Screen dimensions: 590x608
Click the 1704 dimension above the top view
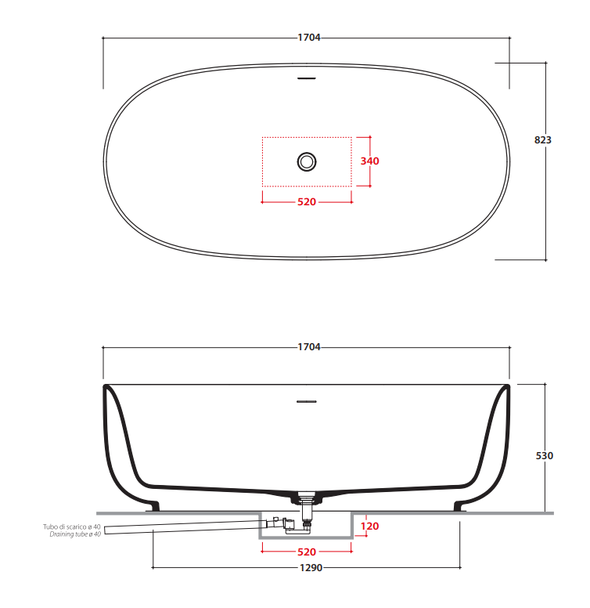point(309,38)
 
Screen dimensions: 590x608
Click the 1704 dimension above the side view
point(309,347)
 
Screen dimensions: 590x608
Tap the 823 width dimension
point(543,140)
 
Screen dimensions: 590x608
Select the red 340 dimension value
point(369,161)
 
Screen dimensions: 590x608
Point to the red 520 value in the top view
point(307,202)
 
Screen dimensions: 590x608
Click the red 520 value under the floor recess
point(307,552)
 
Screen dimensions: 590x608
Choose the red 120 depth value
point(369,527)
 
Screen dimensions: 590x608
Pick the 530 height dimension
point(545,456)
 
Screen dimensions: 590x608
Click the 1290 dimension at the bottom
point(311,568)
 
